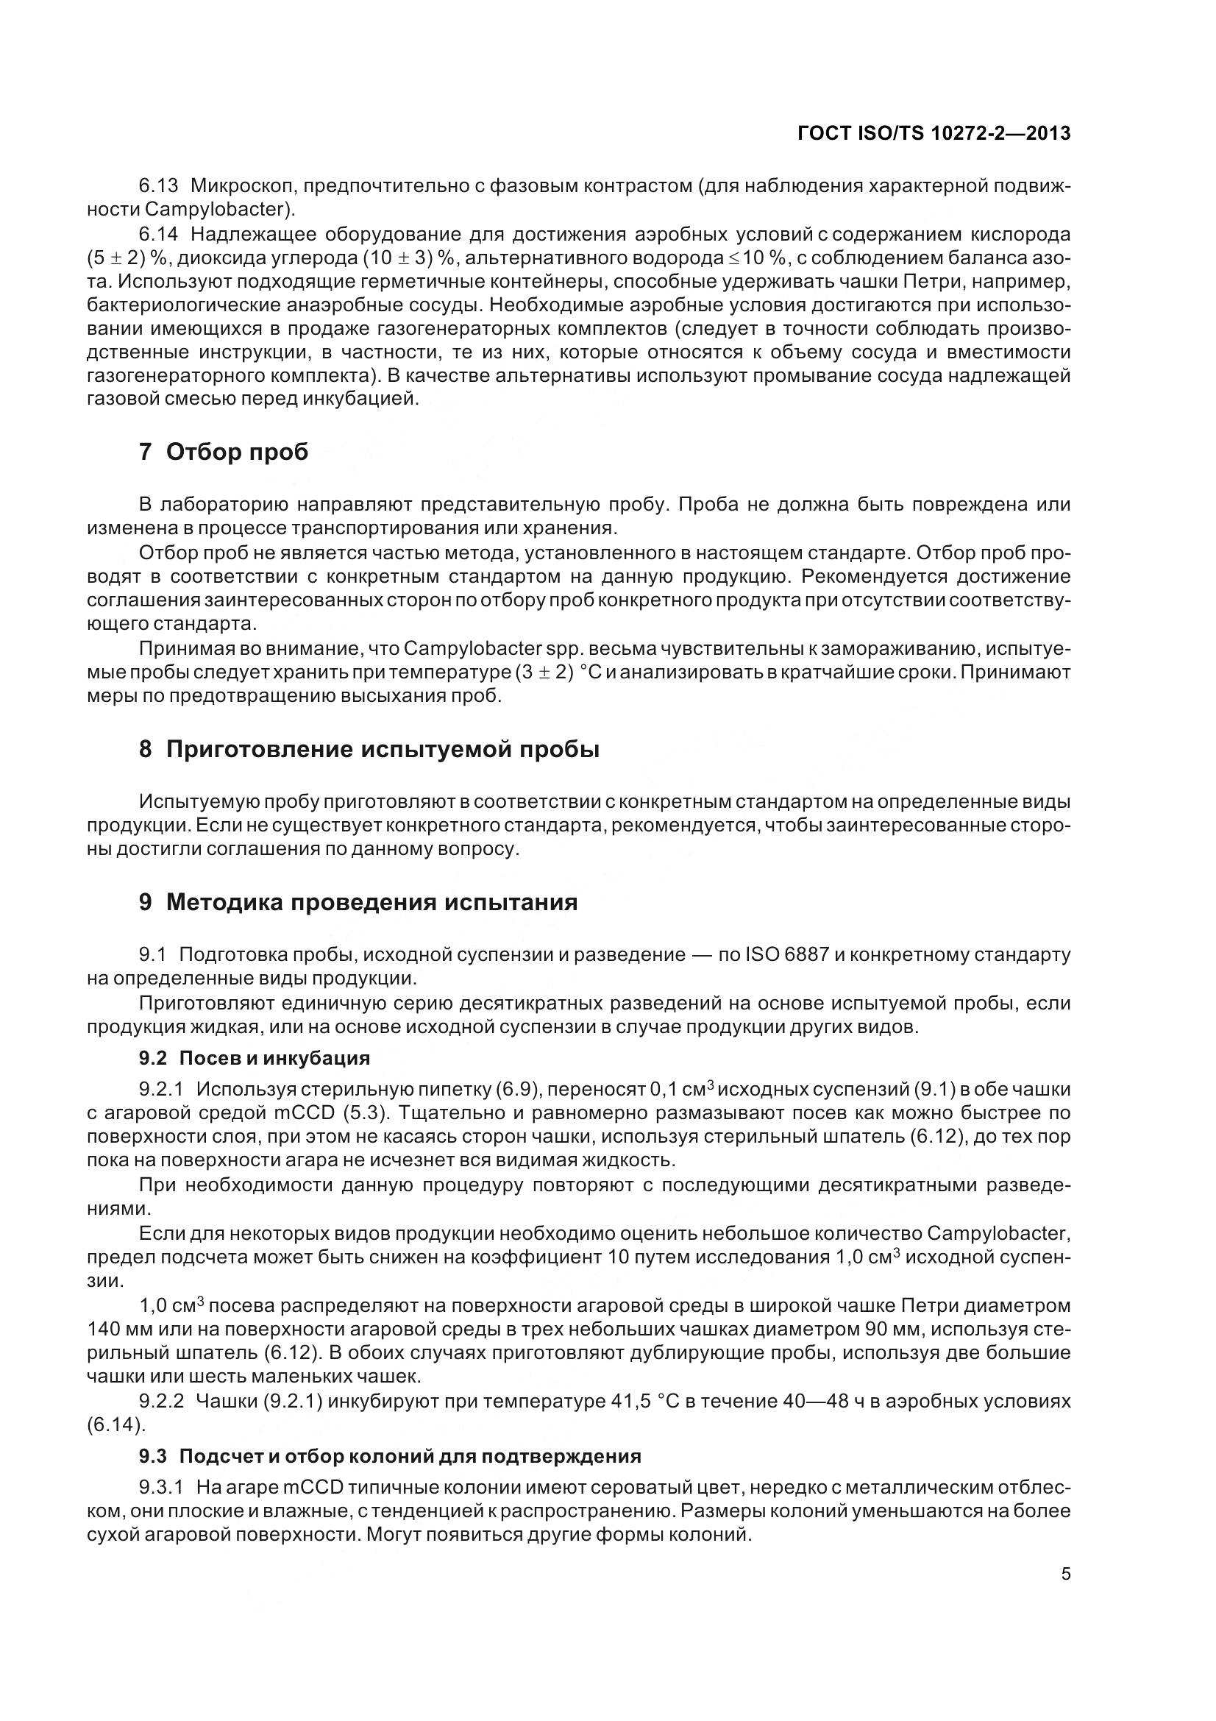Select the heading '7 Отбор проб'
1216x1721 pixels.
click(x=224, y=452)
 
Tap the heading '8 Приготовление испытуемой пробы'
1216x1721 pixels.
click(x=369, y=749)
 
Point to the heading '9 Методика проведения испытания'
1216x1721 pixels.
click(x=358, y=902)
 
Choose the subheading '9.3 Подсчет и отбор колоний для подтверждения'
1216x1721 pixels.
click(x=390, y=1455)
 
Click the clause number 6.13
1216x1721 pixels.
click(x=159, y=185)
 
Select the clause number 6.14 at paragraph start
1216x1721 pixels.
click(x=159, y=234)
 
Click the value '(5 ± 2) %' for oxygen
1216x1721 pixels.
click(x=126, y=258)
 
